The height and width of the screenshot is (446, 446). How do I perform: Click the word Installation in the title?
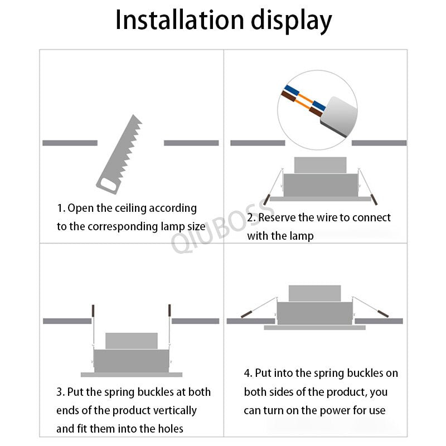tap(178, 20)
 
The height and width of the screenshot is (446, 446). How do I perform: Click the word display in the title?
tap(290, 21)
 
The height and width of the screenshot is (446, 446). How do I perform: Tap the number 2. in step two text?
tap(251, 217)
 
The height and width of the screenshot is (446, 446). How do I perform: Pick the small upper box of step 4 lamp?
tap(314, 293)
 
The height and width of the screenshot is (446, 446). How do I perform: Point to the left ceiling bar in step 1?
tap(70, 143)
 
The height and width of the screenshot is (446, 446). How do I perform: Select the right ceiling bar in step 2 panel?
tap(379, 143)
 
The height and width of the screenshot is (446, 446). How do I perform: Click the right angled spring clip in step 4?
tap(382, 314)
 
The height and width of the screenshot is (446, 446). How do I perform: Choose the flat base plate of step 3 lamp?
tap(132, 374)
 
